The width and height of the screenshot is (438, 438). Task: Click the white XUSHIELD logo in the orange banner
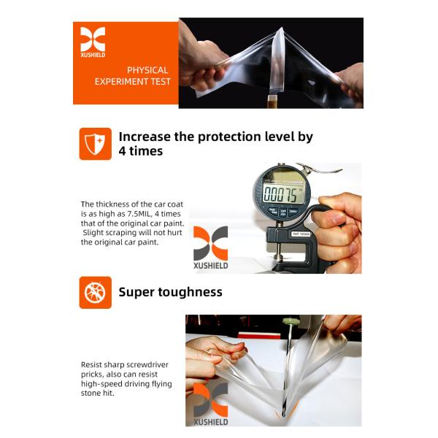click(93, 42)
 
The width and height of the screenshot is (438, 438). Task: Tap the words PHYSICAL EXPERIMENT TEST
click(137, 76)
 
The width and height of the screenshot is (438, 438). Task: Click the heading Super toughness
click(170, 292)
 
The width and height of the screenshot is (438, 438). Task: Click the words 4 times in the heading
click(141, 151)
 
